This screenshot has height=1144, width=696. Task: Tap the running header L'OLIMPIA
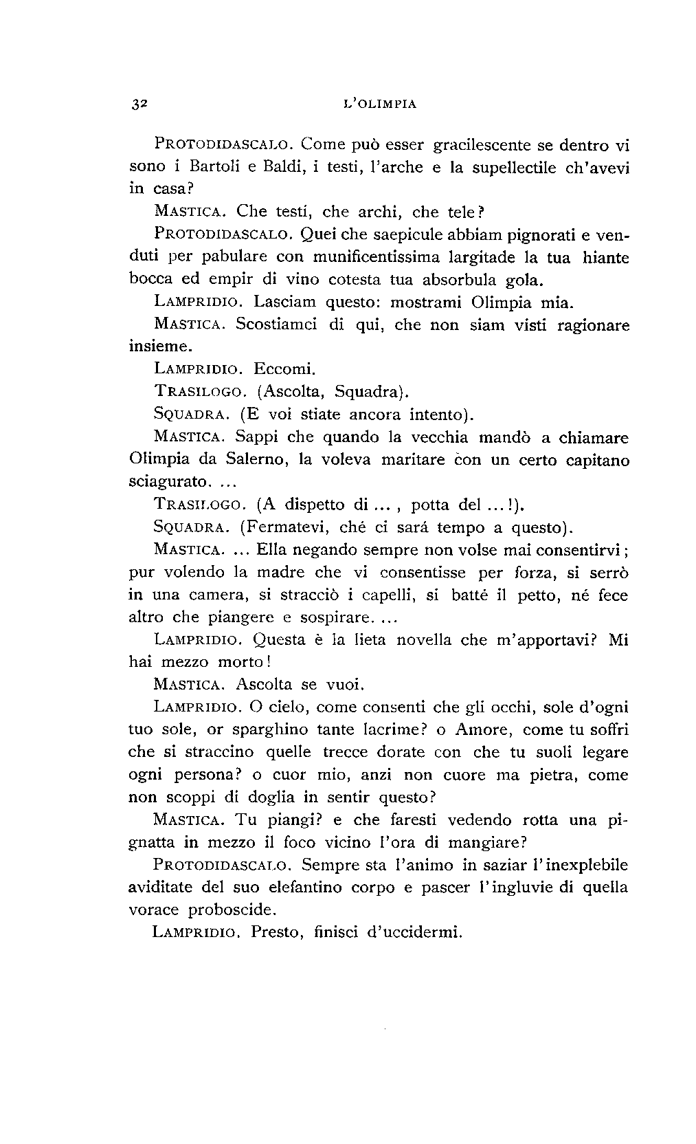point(380,104)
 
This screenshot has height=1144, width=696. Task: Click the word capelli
point(385,595)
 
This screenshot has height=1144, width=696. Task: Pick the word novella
point(415,640)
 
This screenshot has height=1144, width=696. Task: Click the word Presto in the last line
point(273,933)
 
